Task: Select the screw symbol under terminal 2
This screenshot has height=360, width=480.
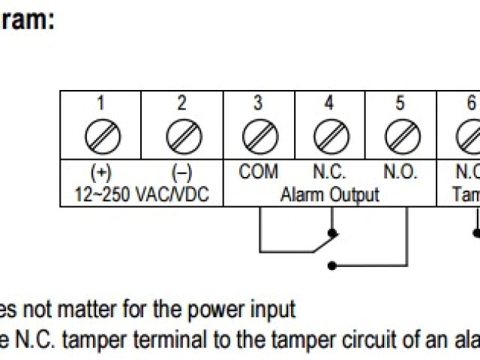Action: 182,136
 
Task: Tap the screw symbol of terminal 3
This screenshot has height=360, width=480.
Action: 259,136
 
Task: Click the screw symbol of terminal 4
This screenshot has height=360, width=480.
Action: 329,136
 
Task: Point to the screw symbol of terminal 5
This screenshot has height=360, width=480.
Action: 400,136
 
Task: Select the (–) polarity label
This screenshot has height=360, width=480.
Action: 182,172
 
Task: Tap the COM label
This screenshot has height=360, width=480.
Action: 259,172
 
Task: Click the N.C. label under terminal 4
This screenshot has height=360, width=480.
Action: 328,172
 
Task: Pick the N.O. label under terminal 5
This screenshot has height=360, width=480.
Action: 400,172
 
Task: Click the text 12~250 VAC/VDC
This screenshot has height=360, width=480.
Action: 142,195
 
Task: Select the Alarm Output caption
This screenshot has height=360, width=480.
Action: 330,195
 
